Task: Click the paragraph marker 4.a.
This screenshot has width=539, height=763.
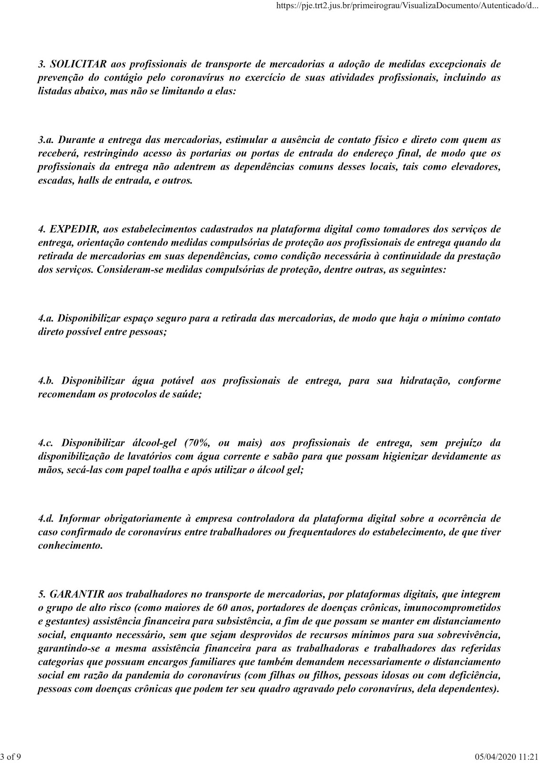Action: (x=46, y=318)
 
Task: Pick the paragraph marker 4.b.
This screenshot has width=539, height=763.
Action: (x=47, y=381)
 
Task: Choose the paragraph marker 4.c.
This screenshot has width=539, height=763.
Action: (x=46, y=443)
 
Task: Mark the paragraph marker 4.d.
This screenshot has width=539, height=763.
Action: (x=47, y=518)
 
